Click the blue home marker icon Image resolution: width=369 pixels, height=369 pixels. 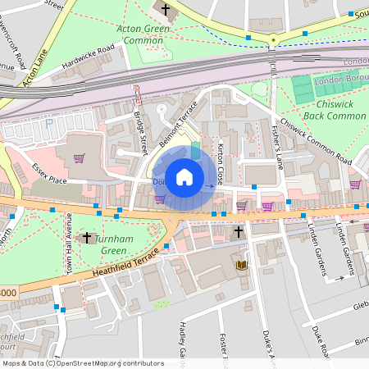[x=184, y=176]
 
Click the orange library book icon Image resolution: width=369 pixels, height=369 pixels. [x=242, y=265]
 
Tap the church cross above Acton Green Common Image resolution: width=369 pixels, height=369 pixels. [x=166, y=11]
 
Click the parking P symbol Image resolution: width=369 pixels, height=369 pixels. [x=49, y=123]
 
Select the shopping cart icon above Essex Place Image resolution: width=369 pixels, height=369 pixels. [x=80, y=158]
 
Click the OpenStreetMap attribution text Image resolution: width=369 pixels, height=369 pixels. [x=82, y=363]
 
